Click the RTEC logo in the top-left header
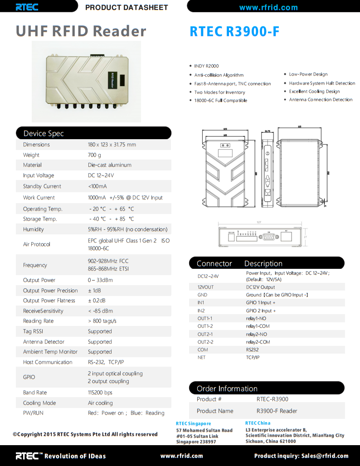pyautogui.click(x=27, y=7)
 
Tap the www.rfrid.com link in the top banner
pyautogui.click(x=268, y=7)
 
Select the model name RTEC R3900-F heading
pyautogui.click(x=234, y=31)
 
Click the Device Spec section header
pyautogui.click(x=44, y=133)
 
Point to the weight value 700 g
pyautogui.click(x=94, y=155)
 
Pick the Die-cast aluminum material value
pyautogui.click(x=109, y=165)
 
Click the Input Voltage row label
pyautogui.click(x=39, y=175)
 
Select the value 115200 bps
pyautogui.click(x=100, y=393)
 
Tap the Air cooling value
pyautogui.click(x=100, y=403)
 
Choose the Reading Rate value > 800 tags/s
pyautogui.click(x=102, y=321)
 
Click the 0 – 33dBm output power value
pyautogui.click(x=100, y=280)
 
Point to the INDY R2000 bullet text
pyautogui.click(x=206, y=66)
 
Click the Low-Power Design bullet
pyautogui.click(x=308, y=74)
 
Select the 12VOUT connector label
pyautogui.click(x=205, y=287)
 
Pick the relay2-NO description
pyautogui.click(x=256, y=334)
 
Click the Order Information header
pyautogui.click(x=227, y=388)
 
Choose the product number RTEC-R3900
pyautogui.click(x=272, y=399)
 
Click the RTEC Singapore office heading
pyautogui.click(x=193, y=423)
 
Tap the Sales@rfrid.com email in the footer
pyautogui.click(x=325, y=456)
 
